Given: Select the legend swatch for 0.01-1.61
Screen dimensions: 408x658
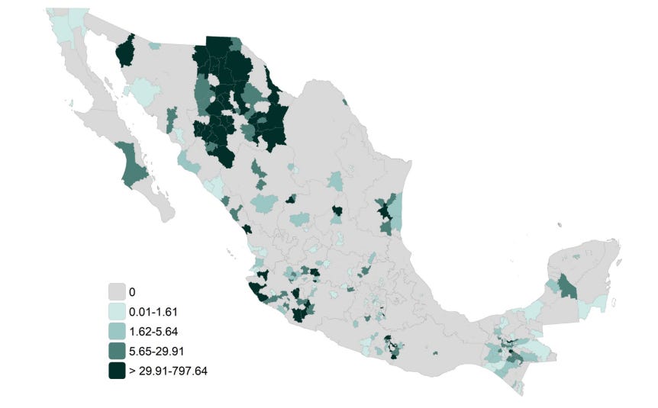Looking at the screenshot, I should pyautogui.click(x=117, y=312).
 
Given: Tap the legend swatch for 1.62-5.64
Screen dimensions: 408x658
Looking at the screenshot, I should pyautogui.click(x=117, y=332).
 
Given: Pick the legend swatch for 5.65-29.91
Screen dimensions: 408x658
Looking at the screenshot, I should pyautogui.click(x=117, y=352).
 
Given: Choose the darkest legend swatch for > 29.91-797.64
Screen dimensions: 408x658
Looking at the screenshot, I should pyautogui.click(x=117, y=371).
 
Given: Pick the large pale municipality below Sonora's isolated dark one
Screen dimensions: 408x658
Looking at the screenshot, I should pyautogui.click(x=142, y=94).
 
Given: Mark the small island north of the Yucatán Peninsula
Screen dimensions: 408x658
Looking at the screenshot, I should pyautogui.click(x=560, y=223).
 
